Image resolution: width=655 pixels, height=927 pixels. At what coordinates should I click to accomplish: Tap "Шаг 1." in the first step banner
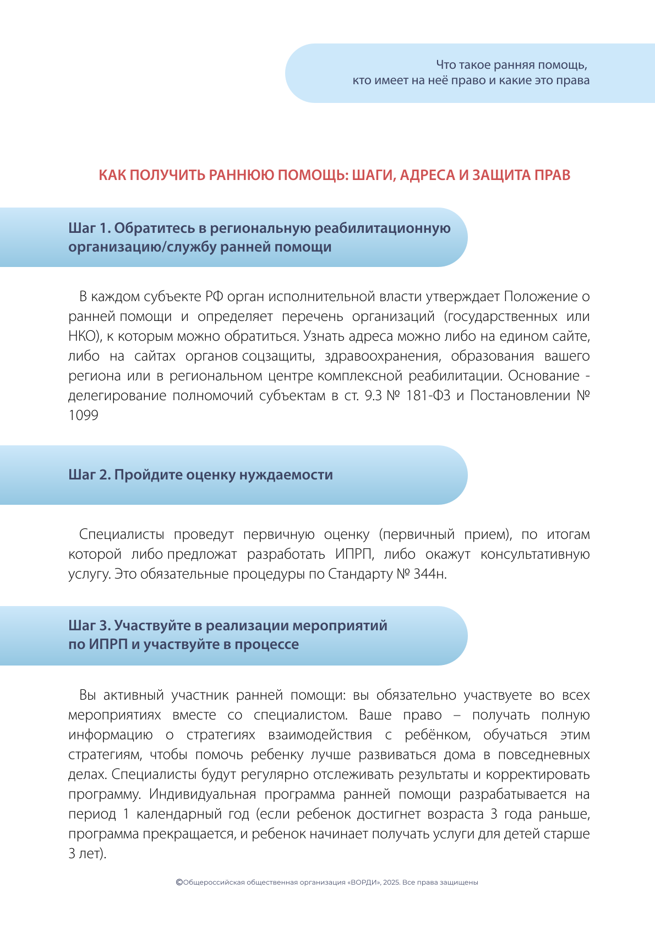(89, 228)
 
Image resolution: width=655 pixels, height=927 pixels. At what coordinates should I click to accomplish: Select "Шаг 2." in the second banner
(89, 475)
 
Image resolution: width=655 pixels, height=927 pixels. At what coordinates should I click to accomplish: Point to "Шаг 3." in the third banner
(89, 625)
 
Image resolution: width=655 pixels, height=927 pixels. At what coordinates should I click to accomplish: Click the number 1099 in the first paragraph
(83, 416)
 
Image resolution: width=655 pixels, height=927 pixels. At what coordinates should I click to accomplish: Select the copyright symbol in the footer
(179, 882)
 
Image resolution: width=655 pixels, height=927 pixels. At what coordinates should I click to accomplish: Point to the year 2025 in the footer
(391, 882)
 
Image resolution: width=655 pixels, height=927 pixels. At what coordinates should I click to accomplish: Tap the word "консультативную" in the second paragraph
(535, 554)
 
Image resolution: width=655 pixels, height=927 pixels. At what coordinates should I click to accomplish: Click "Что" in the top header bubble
(446, 65)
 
